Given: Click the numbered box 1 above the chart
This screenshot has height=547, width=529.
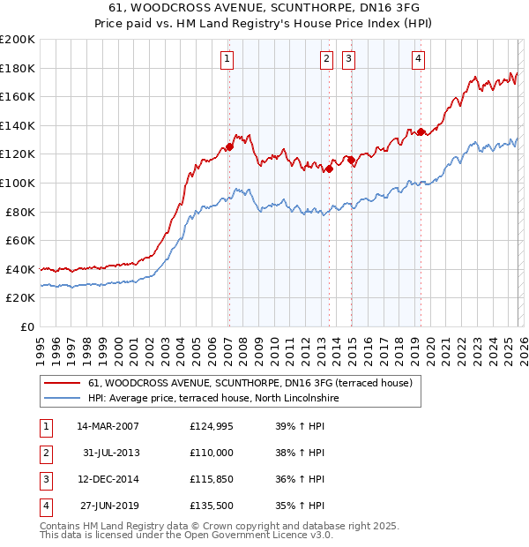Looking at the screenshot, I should (x=227, y=59).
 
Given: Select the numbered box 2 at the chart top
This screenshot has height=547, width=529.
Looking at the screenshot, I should (x=326, y=59).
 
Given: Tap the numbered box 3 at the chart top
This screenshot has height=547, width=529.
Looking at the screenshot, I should (x=348, y=59).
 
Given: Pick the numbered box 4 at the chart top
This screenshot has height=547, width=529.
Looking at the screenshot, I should (x=418, y=59).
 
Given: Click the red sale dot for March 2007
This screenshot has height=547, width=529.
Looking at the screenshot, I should (x=229, y=147).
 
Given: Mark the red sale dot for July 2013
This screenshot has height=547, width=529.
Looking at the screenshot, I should (x=329, y=169).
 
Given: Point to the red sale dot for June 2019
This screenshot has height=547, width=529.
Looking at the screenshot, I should (x=421, y=132).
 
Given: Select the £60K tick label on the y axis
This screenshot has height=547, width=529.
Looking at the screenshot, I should (x=20, y=240).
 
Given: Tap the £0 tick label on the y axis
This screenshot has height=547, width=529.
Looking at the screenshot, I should (x=27, y=326).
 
